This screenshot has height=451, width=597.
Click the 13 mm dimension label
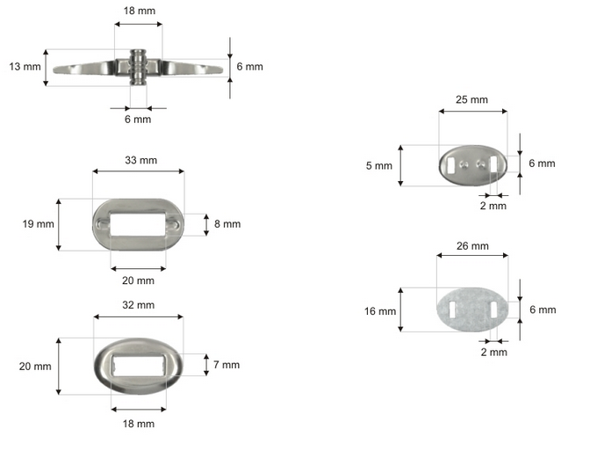[25, 67]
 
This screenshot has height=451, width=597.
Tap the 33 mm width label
[140, 160]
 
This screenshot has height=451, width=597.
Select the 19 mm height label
[38, 224]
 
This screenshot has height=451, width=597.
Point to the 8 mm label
[227, 224]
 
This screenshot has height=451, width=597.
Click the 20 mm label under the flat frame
[138, 280]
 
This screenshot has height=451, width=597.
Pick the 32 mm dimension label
[138, 305]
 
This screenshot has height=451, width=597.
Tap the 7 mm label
[227, 365]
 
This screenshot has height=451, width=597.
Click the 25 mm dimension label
[471, 99]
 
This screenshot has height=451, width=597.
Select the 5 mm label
[379, 166]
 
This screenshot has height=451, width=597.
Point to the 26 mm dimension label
[472, 246]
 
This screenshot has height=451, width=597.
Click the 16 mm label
[380, 311]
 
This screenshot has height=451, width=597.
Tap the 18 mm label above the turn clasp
[140, 11]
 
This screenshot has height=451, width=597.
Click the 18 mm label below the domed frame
[139, 424]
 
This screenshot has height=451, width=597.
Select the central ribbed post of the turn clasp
[138, 67]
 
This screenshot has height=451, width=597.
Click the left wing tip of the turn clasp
[54, 69]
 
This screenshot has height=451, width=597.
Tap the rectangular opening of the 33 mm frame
[138, 224]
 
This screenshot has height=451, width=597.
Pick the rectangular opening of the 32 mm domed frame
[139, 365]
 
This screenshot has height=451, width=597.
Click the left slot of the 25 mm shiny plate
[452, 165]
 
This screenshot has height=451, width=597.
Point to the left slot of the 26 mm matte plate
[452, 310]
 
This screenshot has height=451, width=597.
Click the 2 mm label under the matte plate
[493, 352]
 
